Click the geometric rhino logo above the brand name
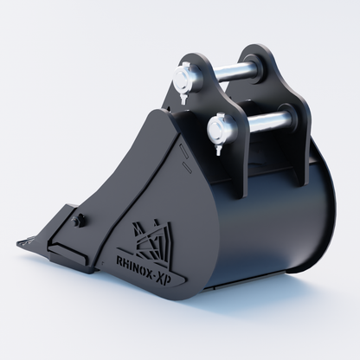click(152, 241)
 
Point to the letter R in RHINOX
click(119, 260)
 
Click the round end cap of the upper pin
click(183, 79)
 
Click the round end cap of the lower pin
click(217, 129)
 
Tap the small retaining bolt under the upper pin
click(183, 99)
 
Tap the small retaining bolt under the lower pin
click(217, 150)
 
